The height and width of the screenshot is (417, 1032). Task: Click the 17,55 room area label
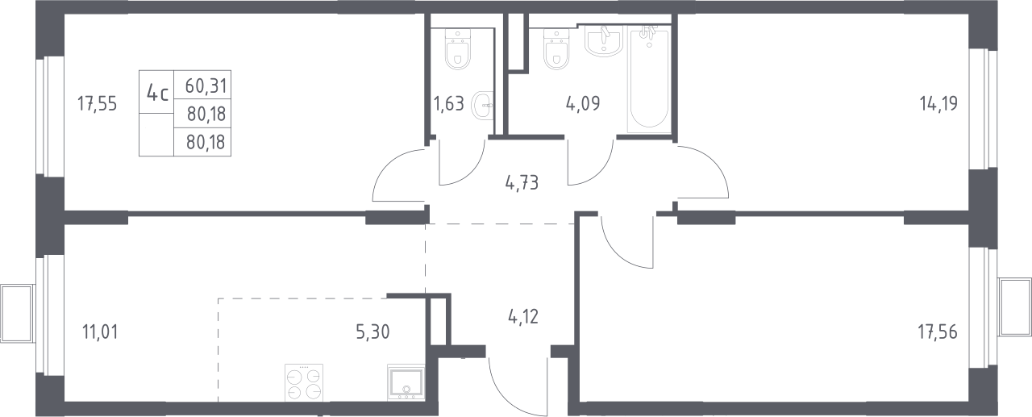click(x=98, y=104)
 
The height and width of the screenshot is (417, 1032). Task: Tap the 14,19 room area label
click(x=938, y=103)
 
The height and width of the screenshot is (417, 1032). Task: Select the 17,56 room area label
click(x=938, y=332)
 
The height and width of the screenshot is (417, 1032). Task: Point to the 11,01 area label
click(x=100, y=332)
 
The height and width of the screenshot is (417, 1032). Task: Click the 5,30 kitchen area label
click(x=372, y=332)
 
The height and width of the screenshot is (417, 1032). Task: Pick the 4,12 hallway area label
click(x=523, y=317)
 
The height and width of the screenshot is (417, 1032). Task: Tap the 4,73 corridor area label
click(x=522, y=183)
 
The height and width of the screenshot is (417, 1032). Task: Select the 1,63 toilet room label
click(x=449, y=104)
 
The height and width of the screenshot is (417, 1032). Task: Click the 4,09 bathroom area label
click(x=583, y=104)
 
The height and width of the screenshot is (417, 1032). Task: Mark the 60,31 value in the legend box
click(x=206, y=85)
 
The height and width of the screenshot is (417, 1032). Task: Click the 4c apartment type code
click(x=157, y=94)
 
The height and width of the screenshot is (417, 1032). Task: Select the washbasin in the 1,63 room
click(x=482, y=106)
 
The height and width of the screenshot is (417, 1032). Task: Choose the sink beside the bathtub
click(x=604, y=41)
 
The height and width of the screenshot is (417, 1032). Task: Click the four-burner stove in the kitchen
click(x=304, y=382)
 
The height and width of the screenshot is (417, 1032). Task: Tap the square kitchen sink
click(x=406, y=382)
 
